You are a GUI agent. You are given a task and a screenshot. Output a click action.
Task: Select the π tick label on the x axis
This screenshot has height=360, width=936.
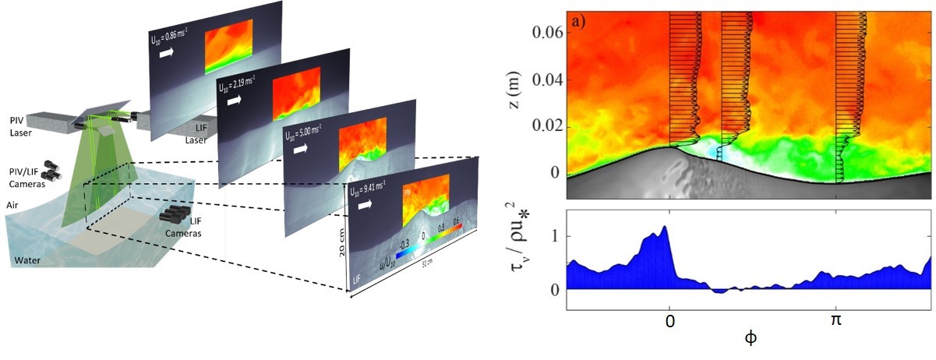click(x=836, y=320)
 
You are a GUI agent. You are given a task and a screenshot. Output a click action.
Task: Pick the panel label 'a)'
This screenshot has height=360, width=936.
click(x=579, y=21)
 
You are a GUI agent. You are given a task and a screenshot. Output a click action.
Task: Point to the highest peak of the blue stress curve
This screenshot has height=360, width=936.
click(x=665, y=227)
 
